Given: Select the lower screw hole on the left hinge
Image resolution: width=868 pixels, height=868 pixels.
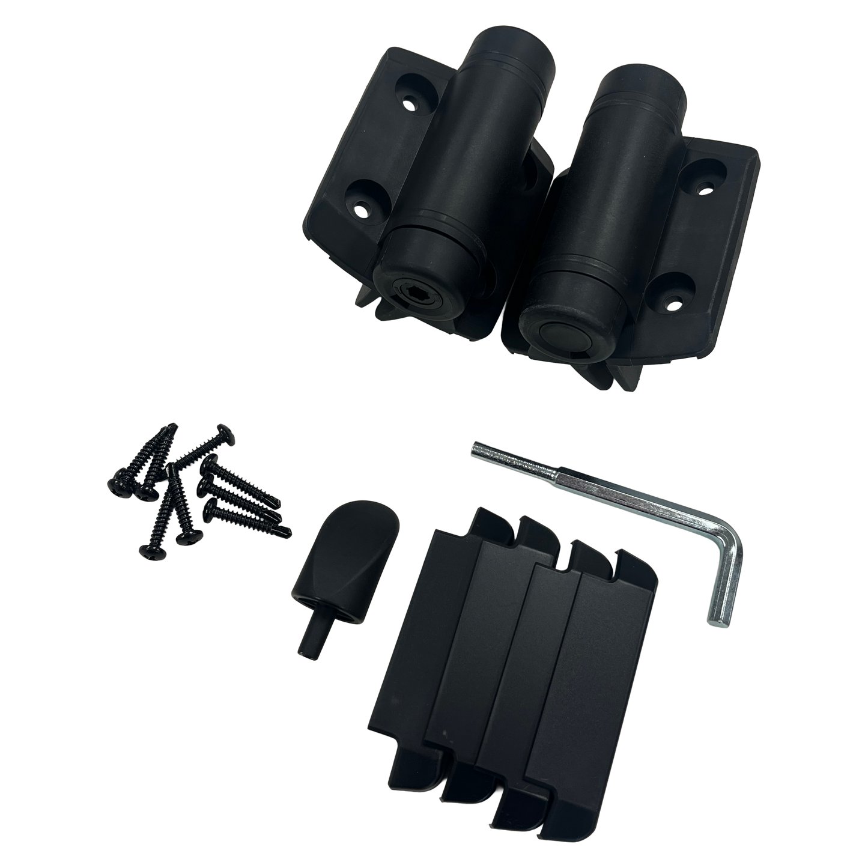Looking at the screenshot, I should click(x=360, y=210).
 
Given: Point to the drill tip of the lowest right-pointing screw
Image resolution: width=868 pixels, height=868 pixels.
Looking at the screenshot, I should click(x=290, y=530).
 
